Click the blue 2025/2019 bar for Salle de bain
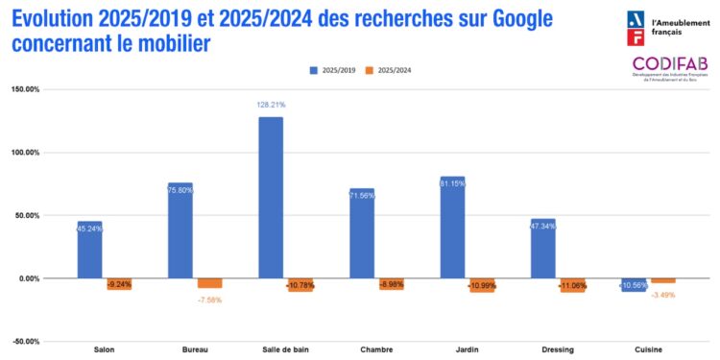click(x=271, y=197)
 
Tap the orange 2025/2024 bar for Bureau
click(x=210, y=283)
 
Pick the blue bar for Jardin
click(x=452, y=228)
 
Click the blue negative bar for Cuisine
click(x=634, y=284)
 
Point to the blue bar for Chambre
click(x=362, y=233)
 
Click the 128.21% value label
click(x=271, y=105)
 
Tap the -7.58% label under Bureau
click(x=209, y=299)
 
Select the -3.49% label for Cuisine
click(x=663, y=294)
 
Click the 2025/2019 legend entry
click(x=334, y=70)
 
